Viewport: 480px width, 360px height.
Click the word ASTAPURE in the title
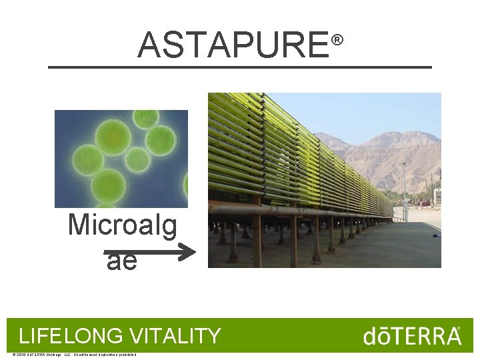pyautogui.click(x=233, y=45)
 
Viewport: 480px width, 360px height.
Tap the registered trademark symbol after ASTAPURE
pyautogui.click(x=337, y=41)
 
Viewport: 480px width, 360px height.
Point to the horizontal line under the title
pyautogui.click(x=240, y=67)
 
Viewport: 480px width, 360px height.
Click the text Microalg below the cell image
pyautogui.click(x=123, y=225)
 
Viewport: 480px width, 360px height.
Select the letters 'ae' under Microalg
pyautogui.click(x=121, y=261)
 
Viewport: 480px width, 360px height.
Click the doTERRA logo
pyautogui.click(x=411, y=335)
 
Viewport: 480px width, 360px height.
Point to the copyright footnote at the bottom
pyautogui.click(x=74, y=354)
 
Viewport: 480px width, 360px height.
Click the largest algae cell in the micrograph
pyautogui.click(x=112, y=136)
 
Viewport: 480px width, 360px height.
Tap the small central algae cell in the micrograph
pyautogui.click(x=137, y=159)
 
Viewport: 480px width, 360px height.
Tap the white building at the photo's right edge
pyautogui.click(x=437, y=196)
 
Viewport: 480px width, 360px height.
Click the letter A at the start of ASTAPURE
pyautogui.click(x=149, y=45)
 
